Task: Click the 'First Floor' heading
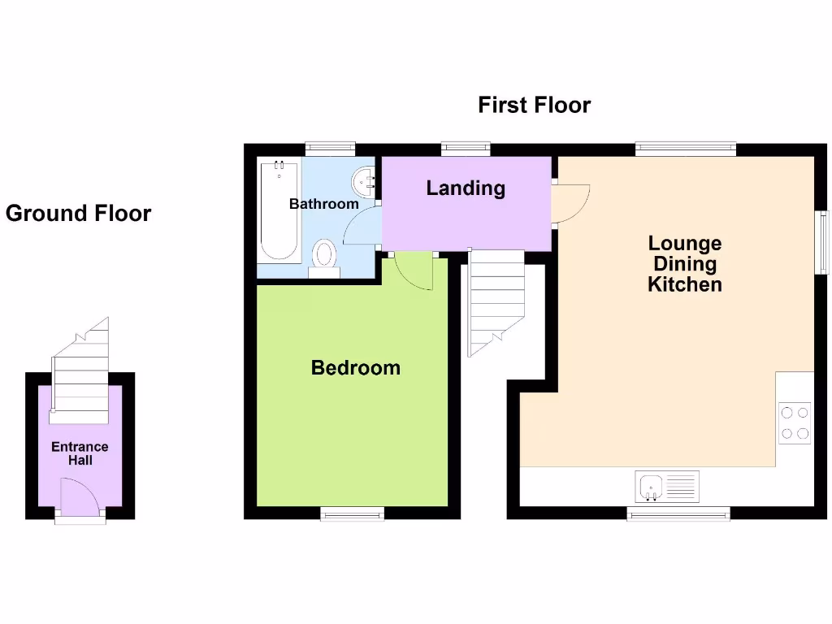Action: (x=534, y=106)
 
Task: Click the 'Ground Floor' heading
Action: (x=78, y=214)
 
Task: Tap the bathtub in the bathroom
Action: (x=278, y=210)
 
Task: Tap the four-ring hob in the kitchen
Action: (x=795, y=422)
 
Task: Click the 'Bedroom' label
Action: (x=355, y=368)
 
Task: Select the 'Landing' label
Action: (x=466, y=188)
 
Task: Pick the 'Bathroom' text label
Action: (x=323, y=204)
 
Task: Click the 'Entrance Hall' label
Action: (x=80, y=453)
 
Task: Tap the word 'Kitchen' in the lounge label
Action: (x=684, y=285)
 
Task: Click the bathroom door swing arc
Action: (x=362, y=226)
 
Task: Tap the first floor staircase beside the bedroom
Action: (x=495, y=301)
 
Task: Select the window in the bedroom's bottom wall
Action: (x=352, y=513)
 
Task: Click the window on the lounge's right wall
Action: (x=822, y=241)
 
